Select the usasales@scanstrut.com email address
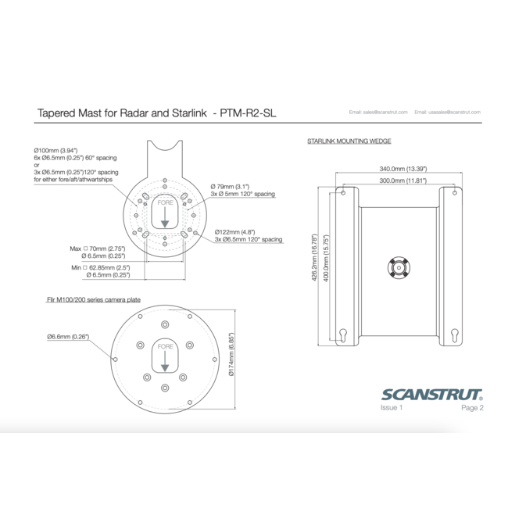448,113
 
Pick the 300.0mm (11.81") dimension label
397,180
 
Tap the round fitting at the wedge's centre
398,267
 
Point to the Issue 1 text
392,407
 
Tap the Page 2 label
472,407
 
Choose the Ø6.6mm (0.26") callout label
67,336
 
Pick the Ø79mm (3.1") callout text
230,186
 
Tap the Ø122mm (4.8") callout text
234,232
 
